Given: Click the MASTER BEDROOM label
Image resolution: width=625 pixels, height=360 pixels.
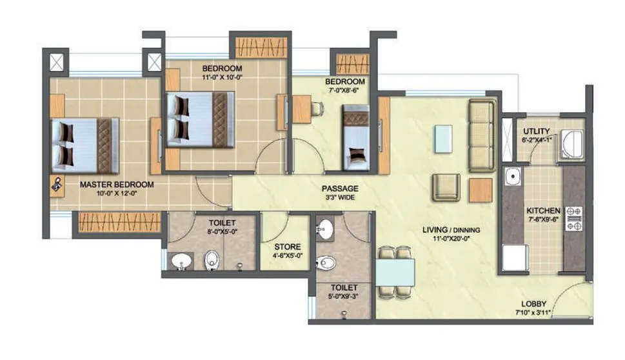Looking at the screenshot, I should [117, 184].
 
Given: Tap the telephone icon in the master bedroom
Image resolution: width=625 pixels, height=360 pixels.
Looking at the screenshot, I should [57, 184].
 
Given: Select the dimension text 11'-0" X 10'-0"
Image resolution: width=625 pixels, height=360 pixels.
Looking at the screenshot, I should [222, 78].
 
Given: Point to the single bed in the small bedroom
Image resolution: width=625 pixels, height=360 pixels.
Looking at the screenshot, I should [355, 138].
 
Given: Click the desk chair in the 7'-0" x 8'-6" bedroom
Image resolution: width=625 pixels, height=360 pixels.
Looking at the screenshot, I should [317, 108].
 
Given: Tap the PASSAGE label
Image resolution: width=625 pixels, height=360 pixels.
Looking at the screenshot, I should [340, 188].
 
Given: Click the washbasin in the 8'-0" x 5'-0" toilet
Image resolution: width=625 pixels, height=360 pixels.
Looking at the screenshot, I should [181, 261].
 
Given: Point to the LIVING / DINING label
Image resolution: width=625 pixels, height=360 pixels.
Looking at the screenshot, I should [451, 229].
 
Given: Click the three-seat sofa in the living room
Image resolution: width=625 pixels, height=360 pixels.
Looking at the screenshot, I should [481, 135].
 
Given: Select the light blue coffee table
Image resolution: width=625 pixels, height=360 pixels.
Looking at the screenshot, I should [443, 139].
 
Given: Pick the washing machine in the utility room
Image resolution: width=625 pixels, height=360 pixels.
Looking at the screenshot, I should [571, 144].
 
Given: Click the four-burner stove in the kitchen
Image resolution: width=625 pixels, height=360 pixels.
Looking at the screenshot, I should [573, 218].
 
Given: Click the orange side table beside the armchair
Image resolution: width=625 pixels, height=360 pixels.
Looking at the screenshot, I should [480, 189].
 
